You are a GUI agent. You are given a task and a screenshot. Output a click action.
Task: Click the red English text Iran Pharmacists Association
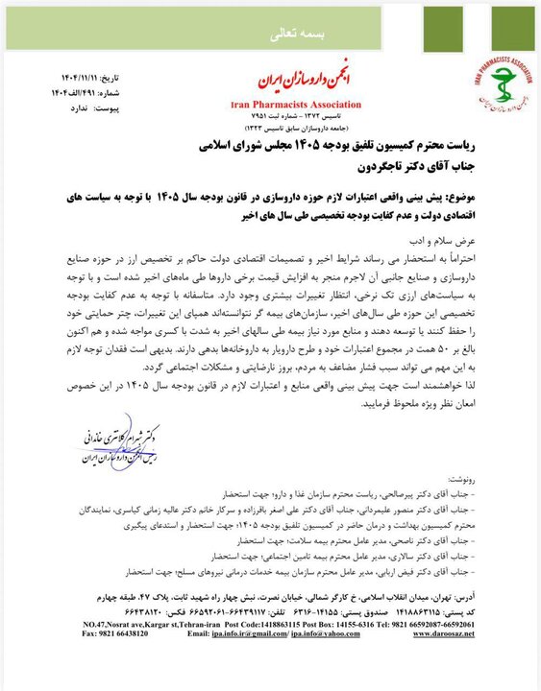pos(296,104)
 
